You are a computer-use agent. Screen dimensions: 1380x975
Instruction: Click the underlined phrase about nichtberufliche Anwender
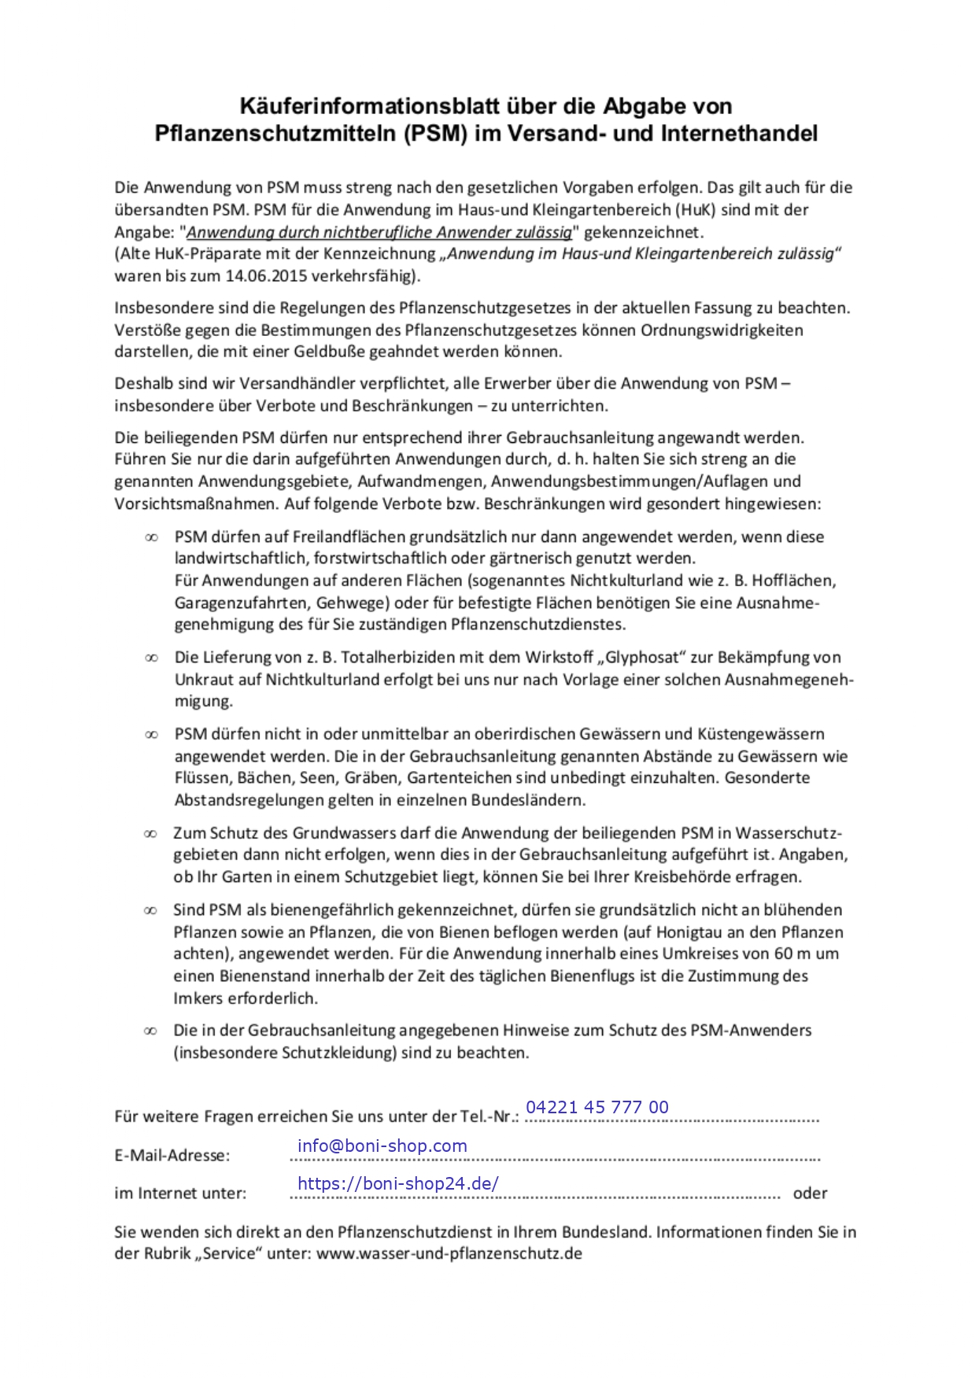pyautogui.click(x=379, y=232)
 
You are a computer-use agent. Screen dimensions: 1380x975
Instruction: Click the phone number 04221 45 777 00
pyautogui.click(x=597, y=1108)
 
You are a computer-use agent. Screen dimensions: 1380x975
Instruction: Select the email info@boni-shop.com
pyautogui.click(x=382, y=1146)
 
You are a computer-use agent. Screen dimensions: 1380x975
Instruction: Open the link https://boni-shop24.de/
pyautogui.click(x=398, y=1184)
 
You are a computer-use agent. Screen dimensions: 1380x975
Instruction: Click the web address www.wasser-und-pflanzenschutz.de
pyautogui.click(x=449, y=1254)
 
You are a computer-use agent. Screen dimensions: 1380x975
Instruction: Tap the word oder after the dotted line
pyautogui.click(x=810, y=1194)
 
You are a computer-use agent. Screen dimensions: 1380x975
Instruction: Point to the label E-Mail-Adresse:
pyautogui.click(x=172, y=1156)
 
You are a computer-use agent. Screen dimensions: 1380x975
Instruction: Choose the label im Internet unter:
pyautogui.click(x=180, y=1194)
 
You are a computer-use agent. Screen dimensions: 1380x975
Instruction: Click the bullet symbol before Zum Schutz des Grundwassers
pyautogui.click(x=150, y=834)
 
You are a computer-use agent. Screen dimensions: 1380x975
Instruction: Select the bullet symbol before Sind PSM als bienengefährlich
pyautogui.click(x=150, y=911)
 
